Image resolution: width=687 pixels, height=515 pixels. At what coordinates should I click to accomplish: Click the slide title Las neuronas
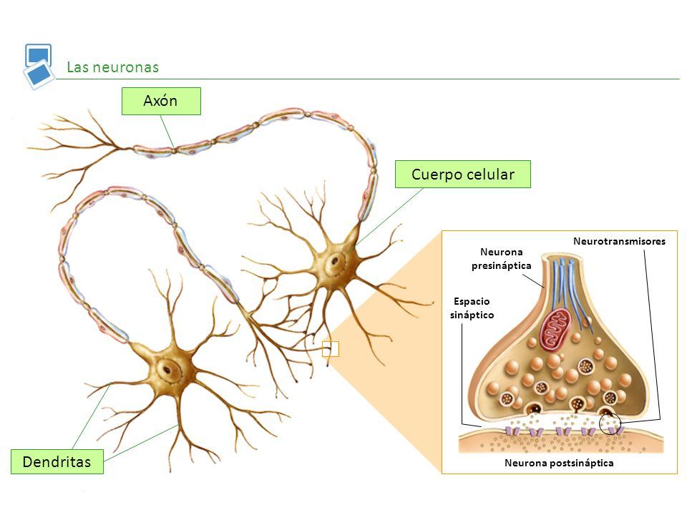pos(112,67)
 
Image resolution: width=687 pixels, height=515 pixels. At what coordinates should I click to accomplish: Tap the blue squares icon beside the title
pos(39,66)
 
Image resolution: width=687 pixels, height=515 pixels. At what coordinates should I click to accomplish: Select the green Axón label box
pos(161,102)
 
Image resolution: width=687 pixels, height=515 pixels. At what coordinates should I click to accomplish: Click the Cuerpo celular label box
pos(463,174)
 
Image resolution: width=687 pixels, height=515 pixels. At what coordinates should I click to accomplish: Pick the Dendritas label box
pos(57,461)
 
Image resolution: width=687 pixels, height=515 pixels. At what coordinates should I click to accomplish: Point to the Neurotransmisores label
pos(619,242)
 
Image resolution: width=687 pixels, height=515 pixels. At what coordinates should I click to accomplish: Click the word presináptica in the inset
pos(502,266)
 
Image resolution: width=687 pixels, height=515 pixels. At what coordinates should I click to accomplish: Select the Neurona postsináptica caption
pos(560,463)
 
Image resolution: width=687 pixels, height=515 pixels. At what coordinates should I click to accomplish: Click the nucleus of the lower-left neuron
pos(170,369)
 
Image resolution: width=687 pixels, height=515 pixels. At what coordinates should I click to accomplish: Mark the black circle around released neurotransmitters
pos(610,423)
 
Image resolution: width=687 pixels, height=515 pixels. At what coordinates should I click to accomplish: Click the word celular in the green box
pos(489,174)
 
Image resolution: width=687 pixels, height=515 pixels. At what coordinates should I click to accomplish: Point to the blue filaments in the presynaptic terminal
pos(569,286)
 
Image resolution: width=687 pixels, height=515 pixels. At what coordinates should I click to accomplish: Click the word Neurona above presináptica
pos(502,252)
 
